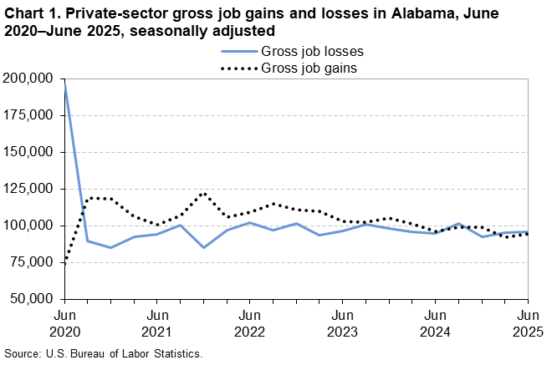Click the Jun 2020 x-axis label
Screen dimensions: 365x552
pos(64,322)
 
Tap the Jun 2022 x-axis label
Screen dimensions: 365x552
pos(249,322)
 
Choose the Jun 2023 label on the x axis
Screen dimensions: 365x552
pos(342,322)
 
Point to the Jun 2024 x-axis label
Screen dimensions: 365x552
pos(435,322)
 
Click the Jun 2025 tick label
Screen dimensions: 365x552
pos(527,322)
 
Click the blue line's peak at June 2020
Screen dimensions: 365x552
pos(64,84)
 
